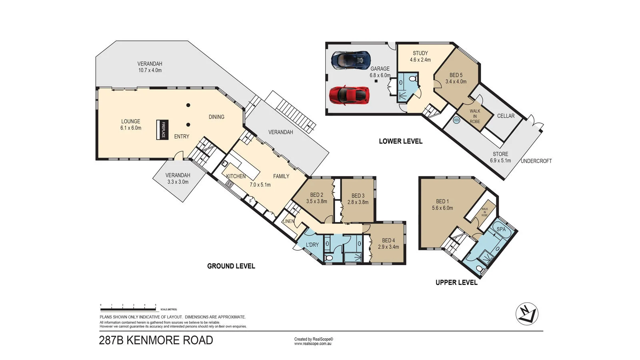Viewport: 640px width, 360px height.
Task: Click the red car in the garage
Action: click(x=349, y=95)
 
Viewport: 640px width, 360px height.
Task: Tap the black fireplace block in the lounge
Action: click(x=161, y=130)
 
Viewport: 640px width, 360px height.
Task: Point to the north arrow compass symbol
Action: click(x=527, y=314)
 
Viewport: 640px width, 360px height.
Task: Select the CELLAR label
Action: click(x=506, y=116)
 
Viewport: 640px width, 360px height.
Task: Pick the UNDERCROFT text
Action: click(x=536, y=161)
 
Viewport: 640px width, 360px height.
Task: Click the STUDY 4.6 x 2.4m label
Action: click(x=420, y=56)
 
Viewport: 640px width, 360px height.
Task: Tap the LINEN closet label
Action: click(x=288, y=221)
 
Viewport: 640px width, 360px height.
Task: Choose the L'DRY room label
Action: click(x=312, y=245)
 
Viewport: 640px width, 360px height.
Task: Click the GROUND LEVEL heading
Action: click(x=231, y=266)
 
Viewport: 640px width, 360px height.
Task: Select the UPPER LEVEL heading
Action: click(x=456, y=282)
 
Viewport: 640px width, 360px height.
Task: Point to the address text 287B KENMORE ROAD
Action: click(x=156, y=340)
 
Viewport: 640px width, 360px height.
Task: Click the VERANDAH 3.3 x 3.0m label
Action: click(x=178, y=178)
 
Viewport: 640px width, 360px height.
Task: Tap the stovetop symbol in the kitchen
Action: click(x=230, y=184)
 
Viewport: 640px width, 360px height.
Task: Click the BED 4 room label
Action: click(x=388, y=244)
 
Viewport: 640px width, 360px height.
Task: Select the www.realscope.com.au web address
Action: click(x=313, y=344)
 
